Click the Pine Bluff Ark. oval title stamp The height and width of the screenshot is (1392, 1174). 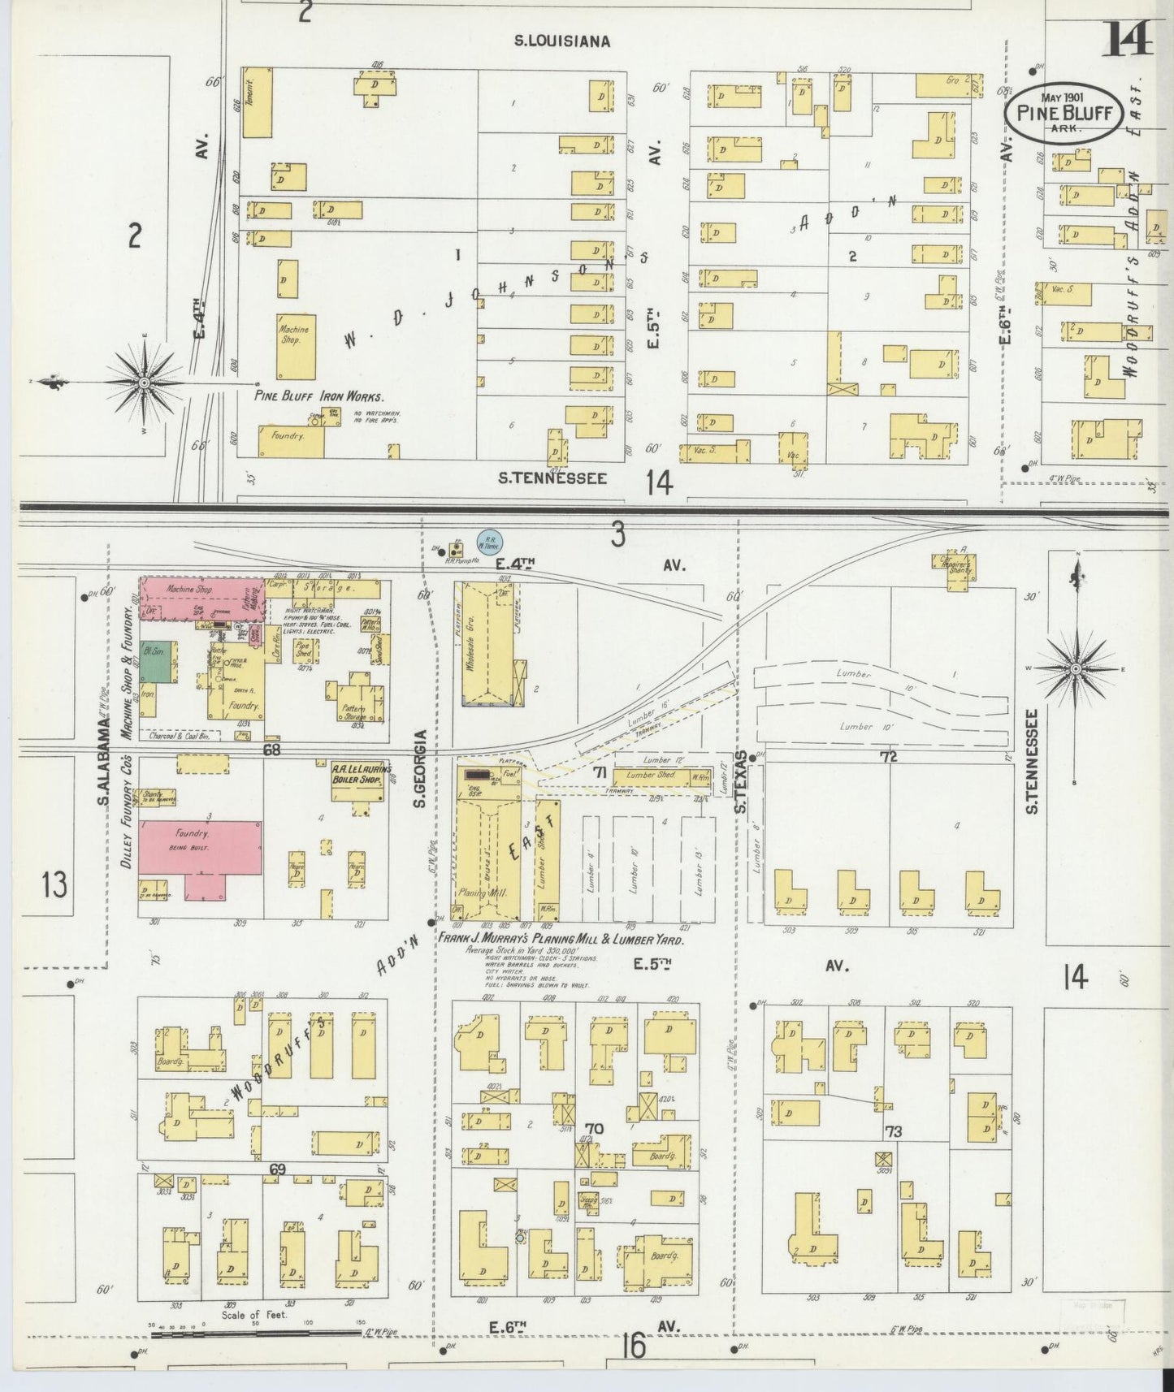pos(1064,113)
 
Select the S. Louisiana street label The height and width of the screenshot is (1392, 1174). pos(562,41)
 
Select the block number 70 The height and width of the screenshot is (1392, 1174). pos(594,1128)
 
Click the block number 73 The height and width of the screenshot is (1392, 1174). pos(894,1130)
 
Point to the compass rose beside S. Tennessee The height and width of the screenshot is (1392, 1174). pos(1075,668)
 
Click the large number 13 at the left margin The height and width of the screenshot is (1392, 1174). pos(54,884)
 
